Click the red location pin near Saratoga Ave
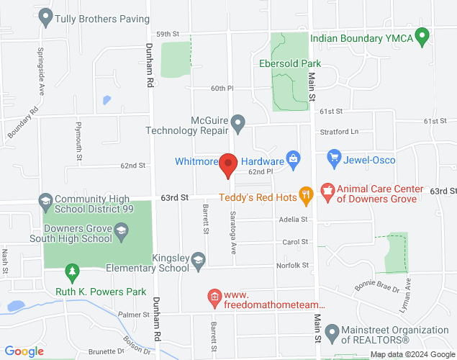coord(228,165)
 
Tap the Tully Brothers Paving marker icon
coord(47,15)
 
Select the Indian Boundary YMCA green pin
coord(422,35)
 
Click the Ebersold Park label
coord(290,63)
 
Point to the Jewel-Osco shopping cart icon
coord(333,156)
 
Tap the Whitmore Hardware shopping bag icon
coord(292,159)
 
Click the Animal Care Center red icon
coord(328,192)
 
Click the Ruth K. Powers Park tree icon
coord(71,271)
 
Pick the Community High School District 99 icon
coord(45,199)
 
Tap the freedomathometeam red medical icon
coord(214,296)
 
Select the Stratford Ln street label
coord(339,132)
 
